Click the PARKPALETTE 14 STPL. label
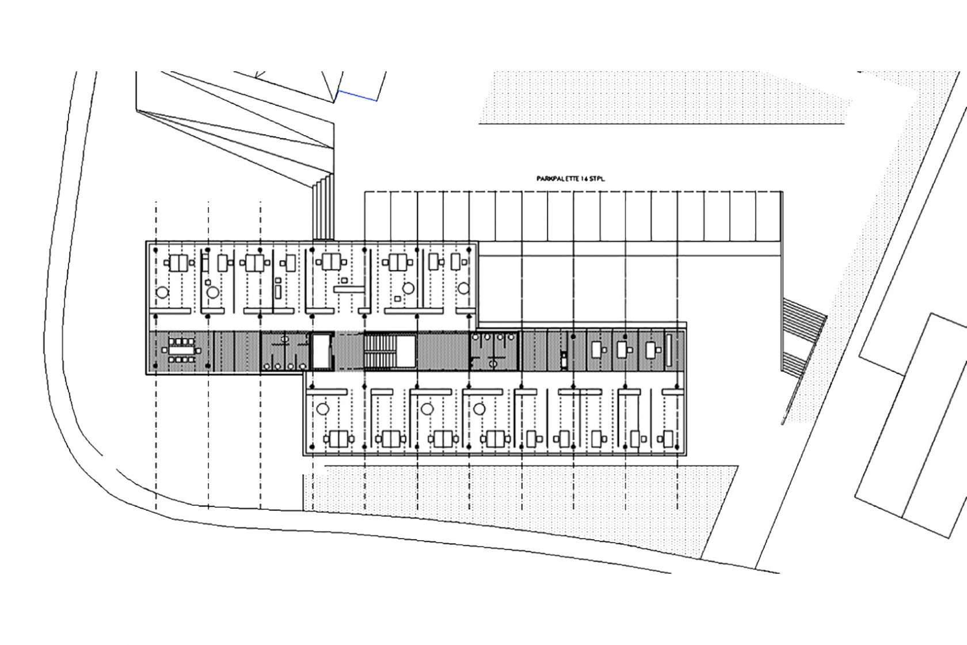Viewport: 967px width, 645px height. coord(569,179)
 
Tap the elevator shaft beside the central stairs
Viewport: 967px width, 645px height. coord(321,351)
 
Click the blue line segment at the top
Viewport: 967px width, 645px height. coord(357,96)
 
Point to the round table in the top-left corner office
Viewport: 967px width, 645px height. coord(162,292)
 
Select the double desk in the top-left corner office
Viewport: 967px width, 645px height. coord(178,264)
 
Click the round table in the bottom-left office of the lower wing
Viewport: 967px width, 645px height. coord(322,409)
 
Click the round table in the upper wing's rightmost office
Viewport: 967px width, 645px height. coord(463,288)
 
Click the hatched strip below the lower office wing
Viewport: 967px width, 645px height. coord(518,489)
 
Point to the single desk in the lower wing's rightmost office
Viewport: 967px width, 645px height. coord(667,440)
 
